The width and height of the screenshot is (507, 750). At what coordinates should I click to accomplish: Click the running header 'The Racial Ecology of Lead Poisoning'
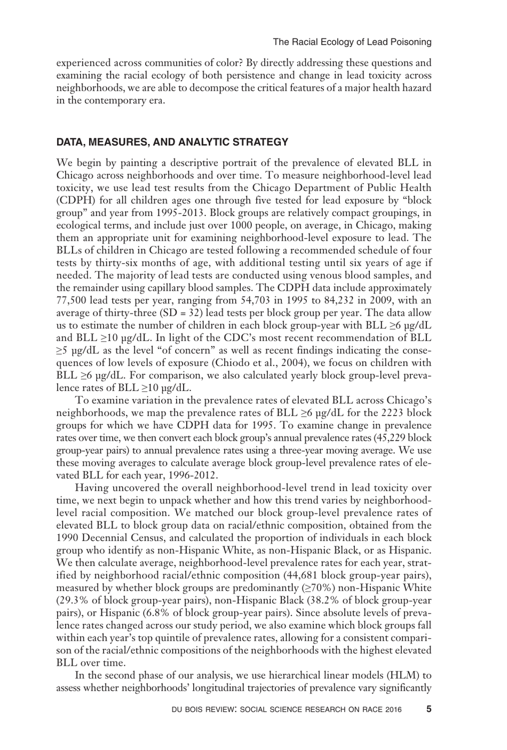coord(352,42)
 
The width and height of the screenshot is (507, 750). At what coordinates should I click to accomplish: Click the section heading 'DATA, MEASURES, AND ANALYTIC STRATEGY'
coord(172,142)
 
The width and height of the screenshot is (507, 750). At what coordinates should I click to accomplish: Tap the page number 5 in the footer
coord(429,709)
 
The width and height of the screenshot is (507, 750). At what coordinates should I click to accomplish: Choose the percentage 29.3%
coord(73,600)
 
